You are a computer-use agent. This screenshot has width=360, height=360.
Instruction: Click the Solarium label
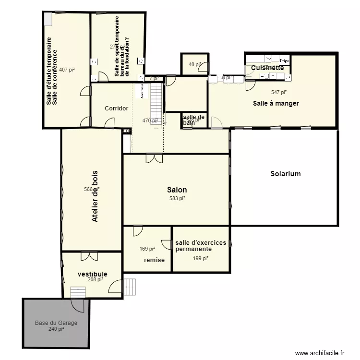click(285, 174)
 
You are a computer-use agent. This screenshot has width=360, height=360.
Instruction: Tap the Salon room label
click(177, 190)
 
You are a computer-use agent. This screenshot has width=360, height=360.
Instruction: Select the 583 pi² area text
click(177, 198)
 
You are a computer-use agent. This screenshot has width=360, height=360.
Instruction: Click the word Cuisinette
click(267, 68)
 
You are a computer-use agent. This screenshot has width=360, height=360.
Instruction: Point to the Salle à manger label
click(276, 103)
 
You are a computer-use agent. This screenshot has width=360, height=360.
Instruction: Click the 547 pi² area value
click(279, 92)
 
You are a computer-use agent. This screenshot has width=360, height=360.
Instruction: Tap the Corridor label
click(117, 108)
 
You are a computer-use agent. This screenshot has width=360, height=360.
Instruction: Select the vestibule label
click(93, 274)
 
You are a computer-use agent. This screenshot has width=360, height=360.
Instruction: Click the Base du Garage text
click(56, 323)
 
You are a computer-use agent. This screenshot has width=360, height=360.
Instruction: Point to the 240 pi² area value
click(56, 329)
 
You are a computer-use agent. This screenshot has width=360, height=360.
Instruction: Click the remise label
click(154, 260)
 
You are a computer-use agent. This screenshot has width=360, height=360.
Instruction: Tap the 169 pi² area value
click(147, 249)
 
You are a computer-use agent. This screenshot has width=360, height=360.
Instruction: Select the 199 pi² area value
click(201, 259)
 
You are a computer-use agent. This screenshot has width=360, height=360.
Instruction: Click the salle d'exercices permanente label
click(200, 246)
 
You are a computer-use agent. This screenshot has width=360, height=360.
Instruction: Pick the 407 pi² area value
click(67, 70)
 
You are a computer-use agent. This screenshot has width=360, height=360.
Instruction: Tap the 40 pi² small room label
click(195, 64)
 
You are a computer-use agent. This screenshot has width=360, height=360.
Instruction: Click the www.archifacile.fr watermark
click(320, 353)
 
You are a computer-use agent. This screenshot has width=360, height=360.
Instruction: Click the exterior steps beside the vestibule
click(130, 288)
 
